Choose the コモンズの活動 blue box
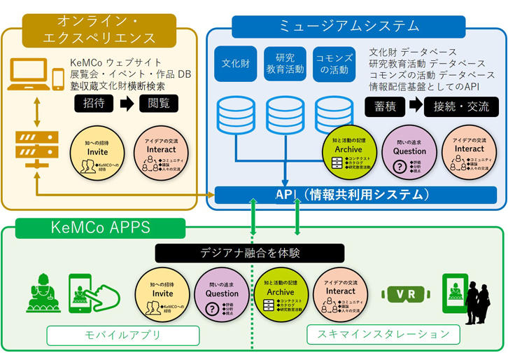(332, 64)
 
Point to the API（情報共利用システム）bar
(349, 195)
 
